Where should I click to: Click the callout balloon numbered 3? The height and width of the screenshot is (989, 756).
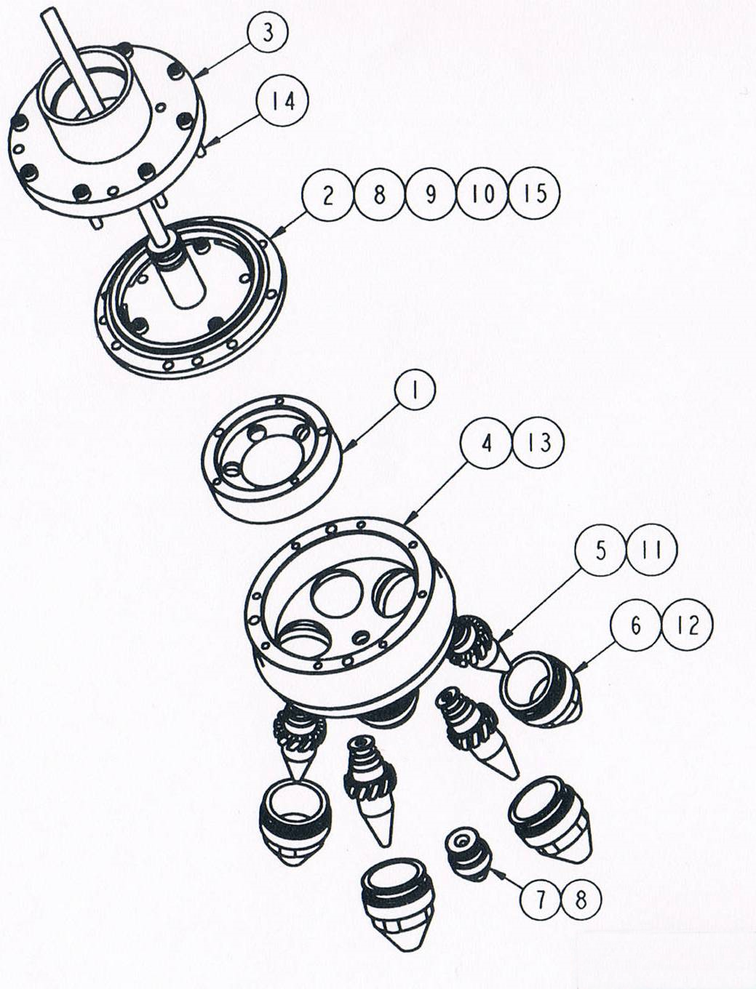268,34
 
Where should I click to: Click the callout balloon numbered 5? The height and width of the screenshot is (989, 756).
600,552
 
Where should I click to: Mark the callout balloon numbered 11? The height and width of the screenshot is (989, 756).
652,552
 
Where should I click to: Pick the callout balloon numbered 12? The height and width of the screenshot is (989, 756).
688,626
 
